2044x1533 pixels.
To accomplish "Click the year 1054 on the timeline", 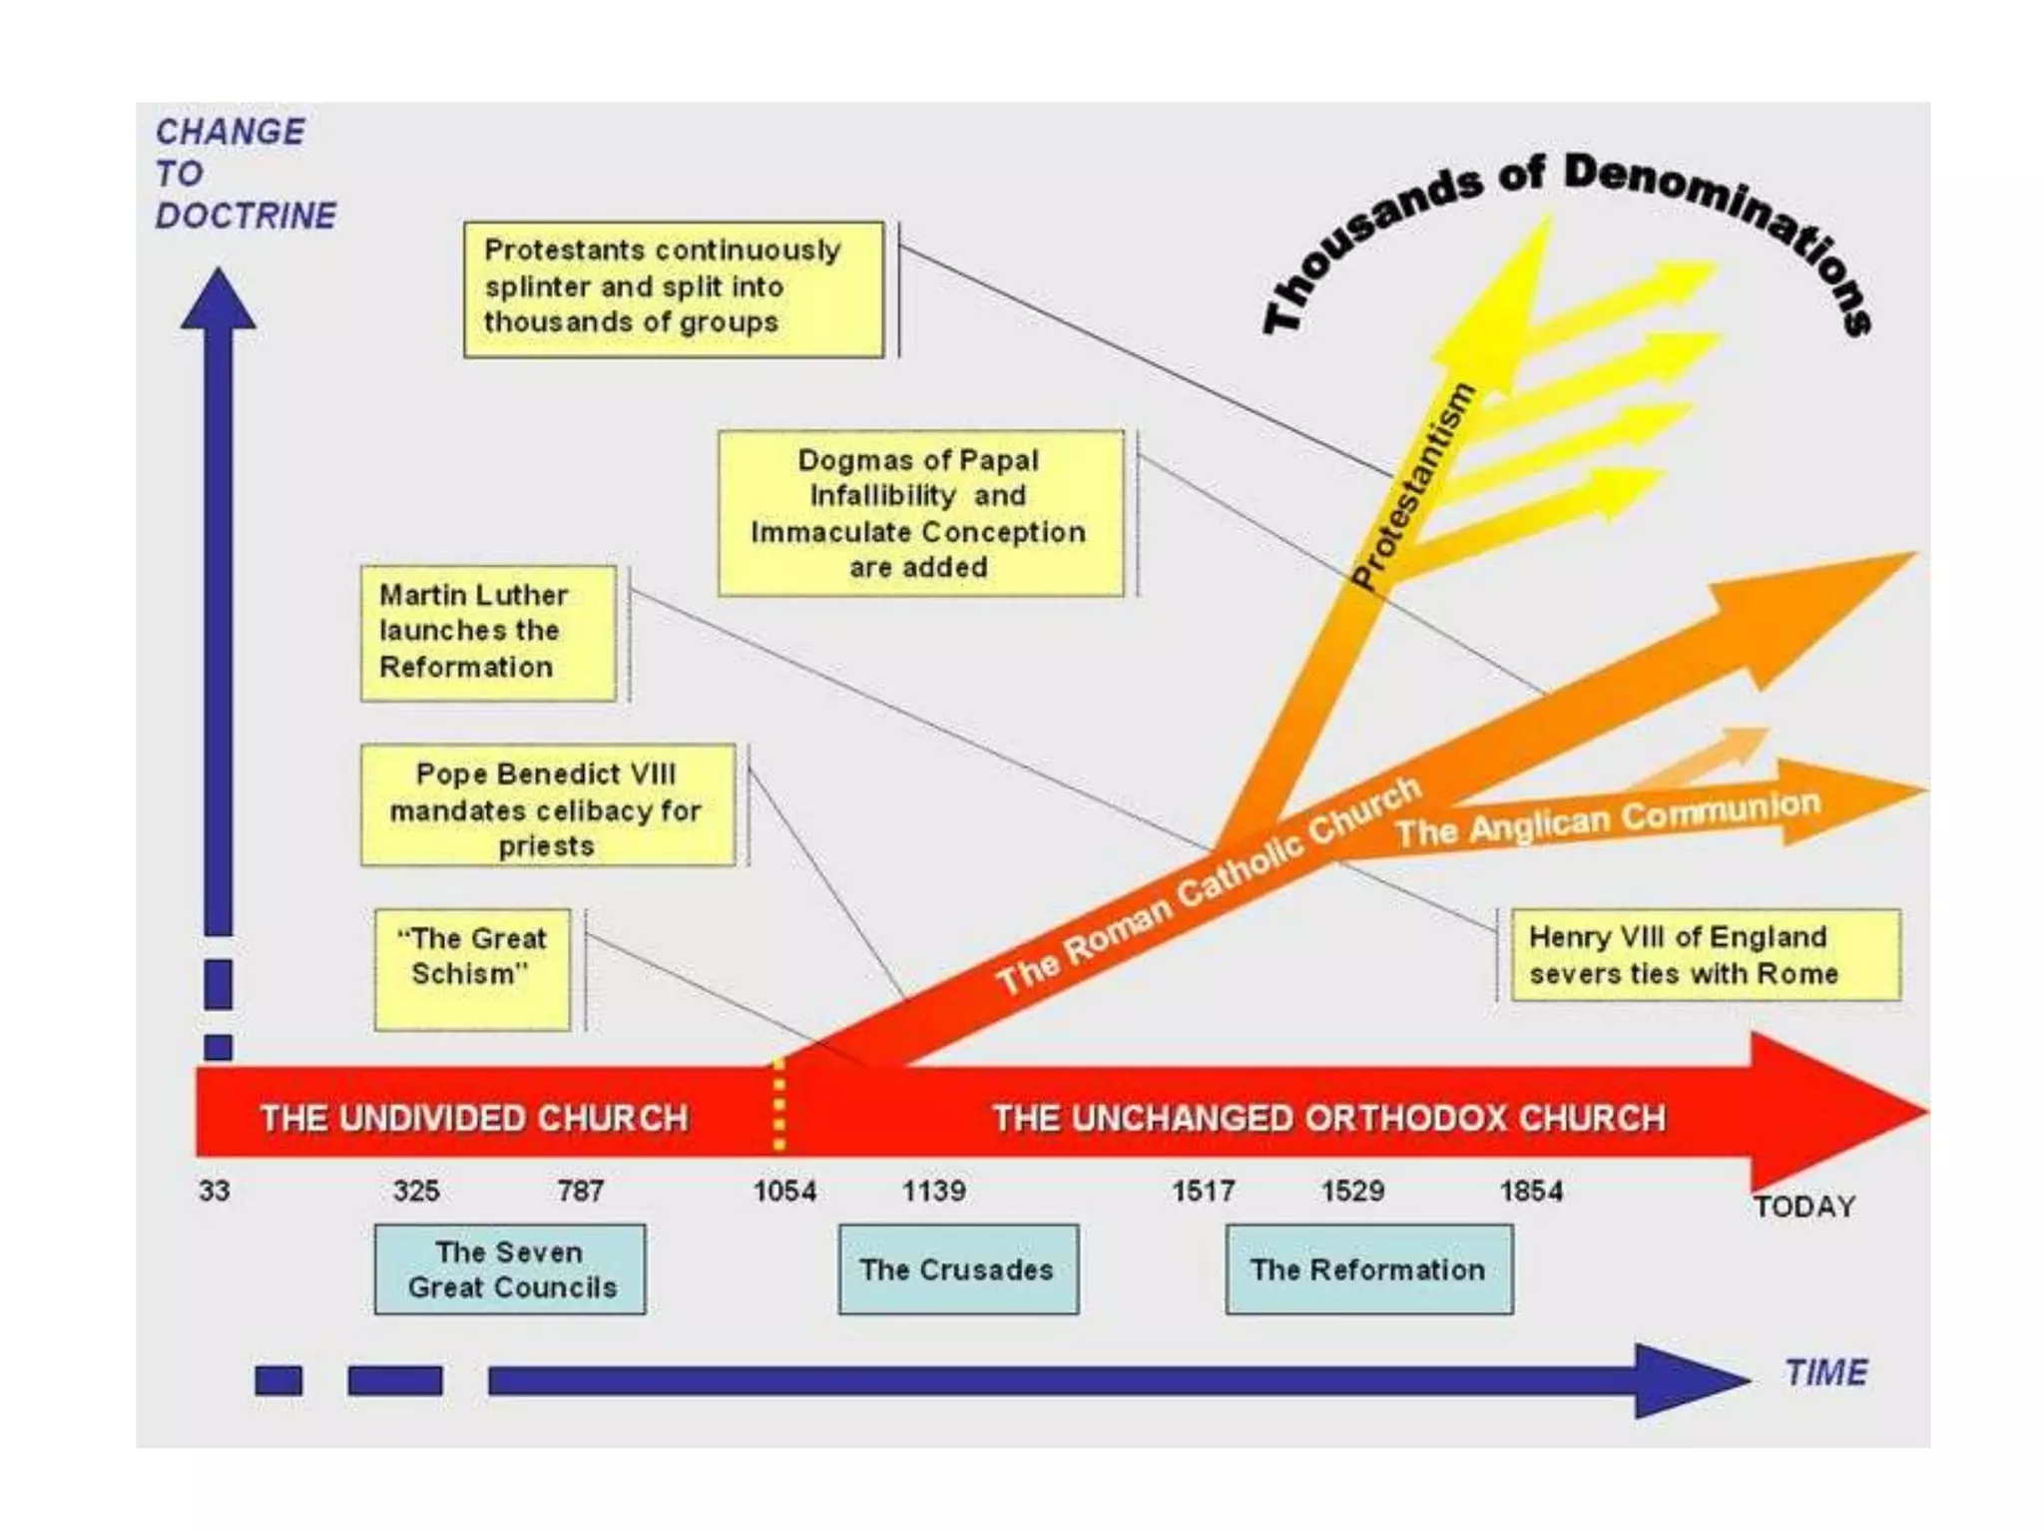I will [784, 1191].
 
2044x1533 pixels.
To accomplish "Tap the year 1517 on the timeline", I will [1203, 1191].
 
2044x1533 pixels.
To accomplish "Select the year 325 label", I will [416, 1191].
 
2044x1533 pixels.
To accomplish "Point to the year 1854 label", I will [1531, 1191].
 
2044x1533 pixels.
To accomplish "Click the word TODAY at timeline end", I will [1804, 1207].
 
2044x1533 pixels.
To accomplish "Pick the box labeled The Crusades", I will [958, 1270].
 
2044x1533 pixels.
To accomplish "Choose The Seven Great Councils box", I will [510, 1270].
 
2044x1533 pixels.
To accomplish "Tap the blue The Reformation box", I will [1368, 1270].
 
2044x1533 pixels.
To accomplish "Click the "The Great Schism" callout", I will [472, 969].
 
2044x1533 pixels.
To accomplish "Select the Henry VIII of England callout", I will [1705, 955].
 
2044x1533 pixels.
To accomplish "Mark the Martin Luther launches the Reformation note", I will [488, 632].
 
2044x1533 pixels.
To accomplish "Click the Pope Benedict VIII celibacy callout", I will [547, 805].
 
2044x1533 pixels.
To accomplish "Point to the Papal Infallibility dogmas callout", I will [920, 514].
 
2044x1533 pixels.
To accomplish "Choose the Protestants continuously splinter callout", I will [674, 288].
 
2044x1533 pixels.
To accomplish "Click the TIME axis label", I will [1825, 1373].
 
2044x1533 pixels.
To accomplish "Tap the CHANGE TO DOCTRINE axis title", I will [245, 174].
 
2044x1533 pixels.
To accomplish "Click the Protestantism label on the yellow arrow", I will [1413, 487].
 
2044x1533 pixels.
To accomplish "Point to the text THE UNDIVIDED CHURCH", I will [474, 1118].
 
